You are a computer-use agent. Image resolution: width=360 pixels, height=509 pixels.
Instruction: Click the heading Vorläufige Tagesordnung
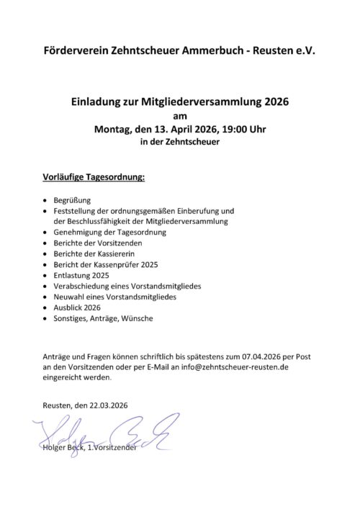pos(94,176)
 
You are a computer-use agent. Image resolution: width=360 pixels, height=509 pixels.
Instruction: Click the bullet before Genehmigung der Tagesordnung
pos(46,234)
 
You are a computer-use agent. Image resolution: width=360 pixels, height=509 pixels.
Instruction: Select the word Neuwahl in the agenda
pos(70,296)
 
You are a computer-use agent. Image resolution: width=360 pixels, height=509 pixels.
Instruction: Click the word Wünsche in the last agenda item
pos(137,317)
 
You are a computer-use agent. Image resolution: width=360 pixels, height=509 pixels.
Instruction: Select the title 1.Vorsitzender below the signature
pos(109,449)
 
